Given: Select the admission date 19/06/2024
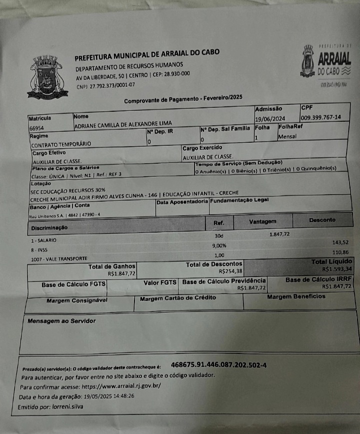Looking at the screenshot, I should point(270,119).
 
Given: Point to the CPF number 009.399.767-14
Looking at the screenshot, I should point(320,117).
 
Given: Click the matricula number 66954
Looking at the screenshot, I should point(37,128).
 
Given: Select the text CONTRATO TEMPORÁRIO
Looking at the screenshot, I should point(61,144).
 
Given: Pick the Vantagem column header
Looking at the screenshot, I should point(262,221).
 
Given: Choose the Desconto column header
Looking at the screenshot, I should point(322,220).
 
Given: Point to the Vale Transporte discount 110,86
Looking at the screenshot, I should point(339,253).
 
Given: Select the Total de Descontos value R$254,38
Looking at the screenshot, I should point(230,271).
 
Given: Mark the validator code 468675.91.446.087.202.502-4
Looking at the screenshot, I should point(218,365).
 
